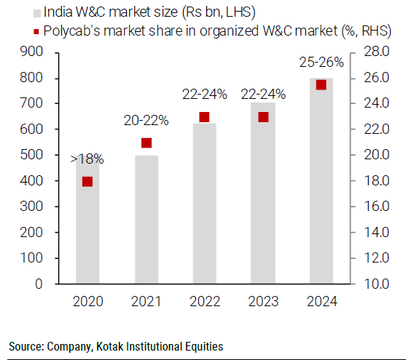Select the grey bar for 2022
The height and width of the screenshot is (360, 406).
point(204,211)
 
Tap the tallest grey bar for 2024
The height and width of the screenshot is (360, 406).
point(321,182)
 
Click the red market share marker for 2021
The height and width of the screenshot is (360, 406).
point(147,143)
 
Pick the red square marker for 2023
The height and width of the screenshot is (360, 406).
point(263,117)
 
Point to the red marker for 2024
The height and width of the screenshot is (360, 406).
point(321,85)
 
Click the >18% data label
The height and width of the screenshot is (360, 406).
point(87,158)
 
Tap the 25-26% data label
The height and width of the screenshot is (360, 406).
point(321,63)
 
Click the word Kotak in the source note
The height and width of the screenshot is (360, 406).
point(102,346)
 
